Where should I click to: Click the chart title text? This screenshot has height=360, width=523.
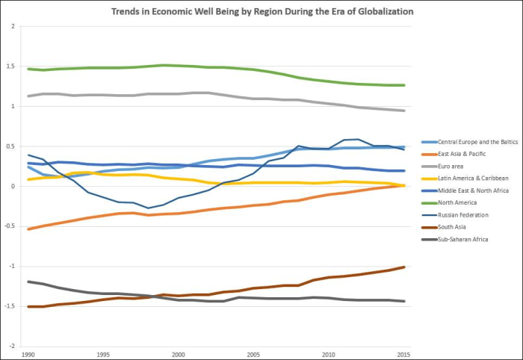[261, 12]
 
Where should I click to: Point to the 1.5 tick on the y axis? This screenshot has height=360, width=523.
[10, 66]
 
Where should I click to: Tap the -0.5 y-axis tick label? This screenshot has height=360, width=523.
[9, 226]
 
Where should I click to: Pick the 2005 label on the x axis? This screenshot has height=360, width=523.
[253, 354]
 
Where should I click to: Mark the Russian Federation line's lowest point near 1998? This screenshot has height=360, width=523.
[148, 208]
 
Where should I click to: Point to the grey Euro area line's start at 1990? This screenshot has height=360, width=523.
[28, 96]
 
